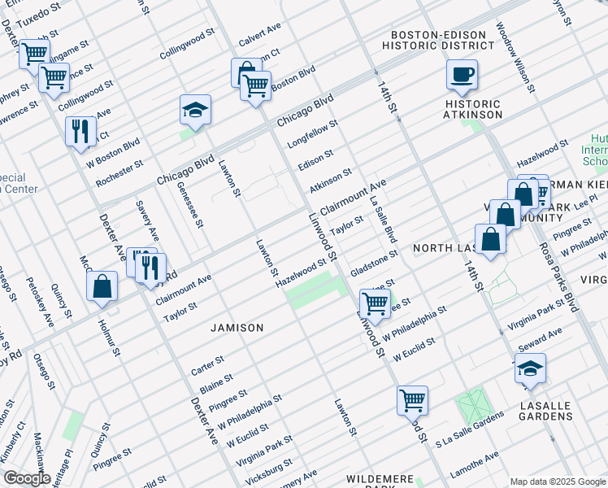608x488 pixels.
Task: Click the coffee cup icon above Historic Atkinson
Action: click(x=462, y=76)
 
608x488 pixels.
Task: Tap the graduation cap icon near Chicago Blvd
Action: click(x=196, y=111)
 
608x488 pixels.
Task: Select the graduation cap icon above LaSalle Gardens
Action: click(x=530, y=369)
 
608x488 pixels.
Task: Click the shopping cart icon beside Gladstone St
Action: click(x=375, y=304)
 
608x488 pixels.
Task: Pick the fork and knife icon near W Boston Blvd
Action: click(x=80, y=133)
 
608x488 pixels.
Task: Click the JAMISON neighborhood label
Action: click(x=237, y=328)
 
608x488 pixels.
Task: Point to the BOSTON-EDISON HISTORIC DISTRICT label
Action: click(x=442, y=40)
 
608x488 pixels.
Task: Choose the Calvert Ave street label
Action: click(x=259, y=35)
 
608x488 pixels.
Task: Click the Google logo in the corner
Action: click(x=26, y=479)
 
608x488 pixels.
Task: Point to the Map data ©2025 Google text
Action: click(x=557, y=481)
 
